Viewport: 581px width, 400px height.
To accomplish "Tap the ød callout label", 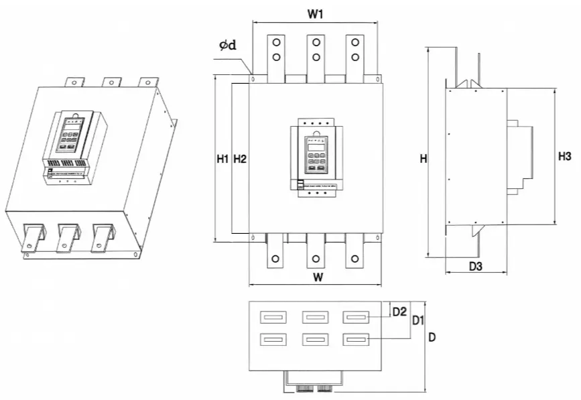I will (x=227, y=45).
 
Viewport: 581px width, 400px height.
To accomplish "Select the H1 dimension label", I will (x=223, y=159).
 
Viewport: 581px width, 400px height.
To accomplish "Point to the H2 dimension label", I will (x=239, y=159).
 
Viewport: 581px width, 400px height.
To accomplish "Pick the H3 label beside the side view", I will (x=564, y=157).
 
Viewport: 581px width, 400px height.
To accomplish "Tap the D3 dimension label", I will (x=476, y=267).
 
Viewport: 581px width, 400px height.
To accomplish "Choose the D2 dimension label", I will (x=399, y=312).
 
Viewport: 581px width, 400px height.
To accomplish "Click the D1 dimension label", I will (x=418, y=320).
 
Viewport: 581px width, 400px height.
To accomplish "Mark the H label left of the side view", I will (x=423, y=159).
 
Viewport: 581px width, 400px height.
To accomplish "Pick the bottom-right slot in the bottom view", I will (x=356, y=340).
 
